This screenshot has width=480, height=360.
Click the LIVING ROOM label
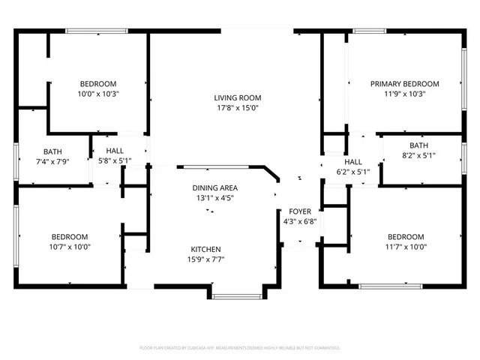tap(237, 97)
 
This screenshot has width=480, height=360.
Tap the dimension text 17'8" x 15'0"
tap(237, 108)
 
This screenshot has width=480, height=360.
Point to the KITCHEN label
tap(205, 249)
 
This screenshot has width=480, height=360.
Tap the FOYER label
tap(289, 211)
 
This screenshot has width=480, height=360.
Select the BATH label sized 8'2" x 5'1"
tap(418, 145)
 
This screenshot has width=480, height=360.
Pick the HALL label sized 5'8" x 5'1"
tap(115, 151)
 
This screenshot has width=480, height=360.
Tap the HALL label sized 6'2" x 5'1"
tap(352, 162)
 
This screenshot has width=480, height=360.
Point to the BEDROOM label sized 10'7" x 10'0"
tap(69, 236)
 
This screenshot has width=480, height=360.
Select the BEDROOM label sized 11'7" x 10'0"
tap(405, 236)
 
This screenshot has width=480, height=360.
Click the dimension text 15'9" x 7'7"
tap(205, 259)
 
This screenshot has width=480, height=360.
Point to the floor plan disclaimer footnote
tap(240, 348)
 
